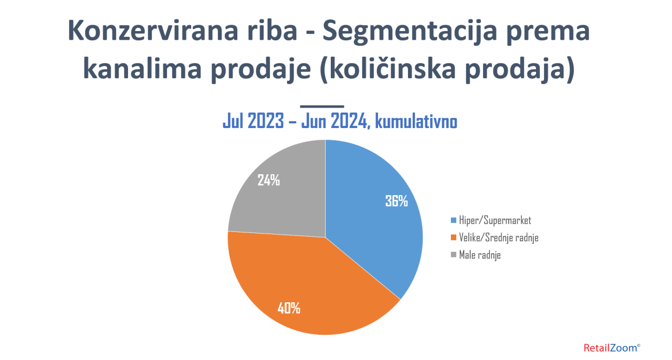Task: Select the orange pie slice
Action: [306, 285]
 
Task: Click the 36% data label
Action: [396, 201]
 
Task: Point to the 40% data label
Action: [289, 308]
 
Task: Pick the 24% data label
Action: [268, 180]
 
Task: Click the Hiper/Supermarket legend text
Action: [495, 220]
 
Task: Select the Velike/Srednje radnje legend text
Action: [499, 238]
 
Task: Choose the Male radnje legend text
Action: [480, 255]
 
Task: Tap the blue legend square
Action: [453, 220]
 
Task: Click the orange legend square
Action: [453, 238]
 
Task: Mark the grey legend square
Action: [453, 255]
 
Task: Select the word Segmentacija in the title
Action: [410, 33]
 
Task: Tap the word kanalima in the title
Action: [142, 68]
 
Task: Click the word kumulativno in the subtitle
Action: [416, 121]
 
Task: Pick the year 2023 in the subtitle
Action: [266, 121]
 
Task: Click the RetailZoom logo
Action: [612, 348]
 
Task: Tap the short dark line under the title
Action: [322, 107]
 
